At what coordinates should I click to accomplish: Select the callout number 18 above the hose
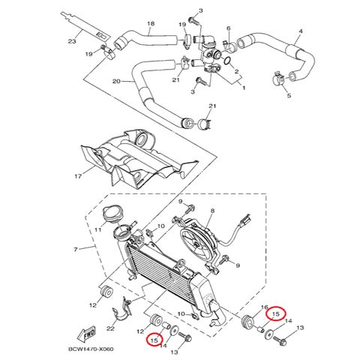pos(150,24)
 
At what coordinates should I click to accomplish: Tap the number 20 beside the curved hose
pos(116,81)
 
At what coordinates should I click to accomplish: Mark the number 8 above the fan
pos(212,212)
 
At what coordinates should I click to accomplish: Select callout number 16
pos(264,307)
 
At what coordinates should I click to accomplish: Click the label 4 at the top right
pos(300,31)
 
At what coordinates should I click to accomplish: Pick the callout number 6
pos(228,29)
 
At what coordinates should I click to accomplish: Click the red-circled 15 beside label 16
pos(277,314)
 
